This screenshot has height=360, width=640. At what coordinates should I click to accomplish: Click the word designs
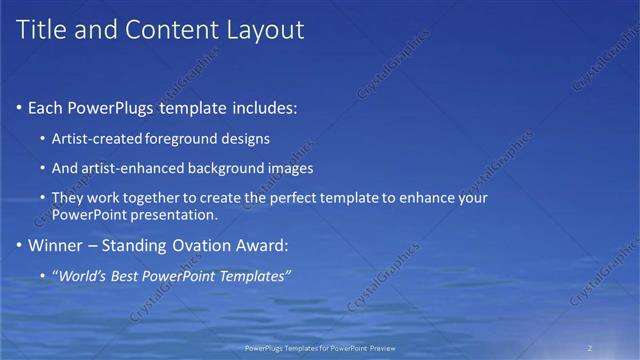pos(246,138)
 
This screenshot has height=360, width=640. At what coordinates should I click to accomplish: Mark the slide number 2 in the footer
pos(590,348)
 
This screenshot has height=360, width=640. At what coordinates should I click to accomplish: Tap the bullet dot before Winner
pos(19,245)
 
